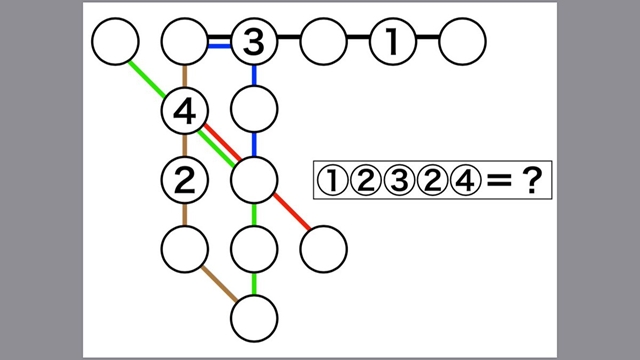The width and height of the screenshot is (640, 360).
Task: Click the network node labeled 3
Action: point(254,42)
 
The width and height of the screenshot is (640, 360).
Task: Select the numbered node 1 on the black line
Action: point(393,42)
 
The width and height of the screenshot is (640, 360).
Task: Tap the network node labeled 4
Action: point(184,112)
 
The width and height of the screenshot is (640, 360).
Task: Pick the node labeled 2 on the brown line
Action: point(184,180)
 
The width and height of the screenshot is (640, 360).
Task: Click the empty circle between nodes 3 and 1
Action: point(323,42)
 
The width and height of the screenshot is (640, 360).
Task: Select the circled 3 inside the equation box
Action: point(397,181)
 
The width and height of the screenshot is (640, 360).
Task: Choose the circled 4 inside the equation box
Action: point(463,181)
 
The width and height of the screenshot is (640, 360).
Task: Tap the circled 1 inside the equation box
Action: point(331,181)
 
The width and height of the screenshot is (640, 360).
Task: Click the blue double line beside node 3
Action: point(219,42)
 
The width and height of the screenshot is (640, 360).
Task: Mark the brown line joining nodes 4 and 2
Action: point(184,146)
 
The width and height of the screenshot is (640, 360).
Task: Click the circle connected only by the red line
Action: point(323,248)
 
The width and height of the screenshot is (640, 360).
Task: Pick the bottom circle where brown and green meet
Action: point(254,319)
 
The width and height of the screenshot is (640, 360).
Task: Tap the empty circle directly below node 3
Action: point(254,106)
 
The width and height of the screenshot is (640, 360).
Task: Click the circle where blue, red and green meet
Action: point(254,180)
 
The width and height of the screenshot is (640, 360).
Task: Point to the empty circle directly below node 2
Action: point(185,248)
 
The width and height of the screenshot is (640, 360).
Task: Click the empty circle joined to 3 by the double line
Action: point(185,42)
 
